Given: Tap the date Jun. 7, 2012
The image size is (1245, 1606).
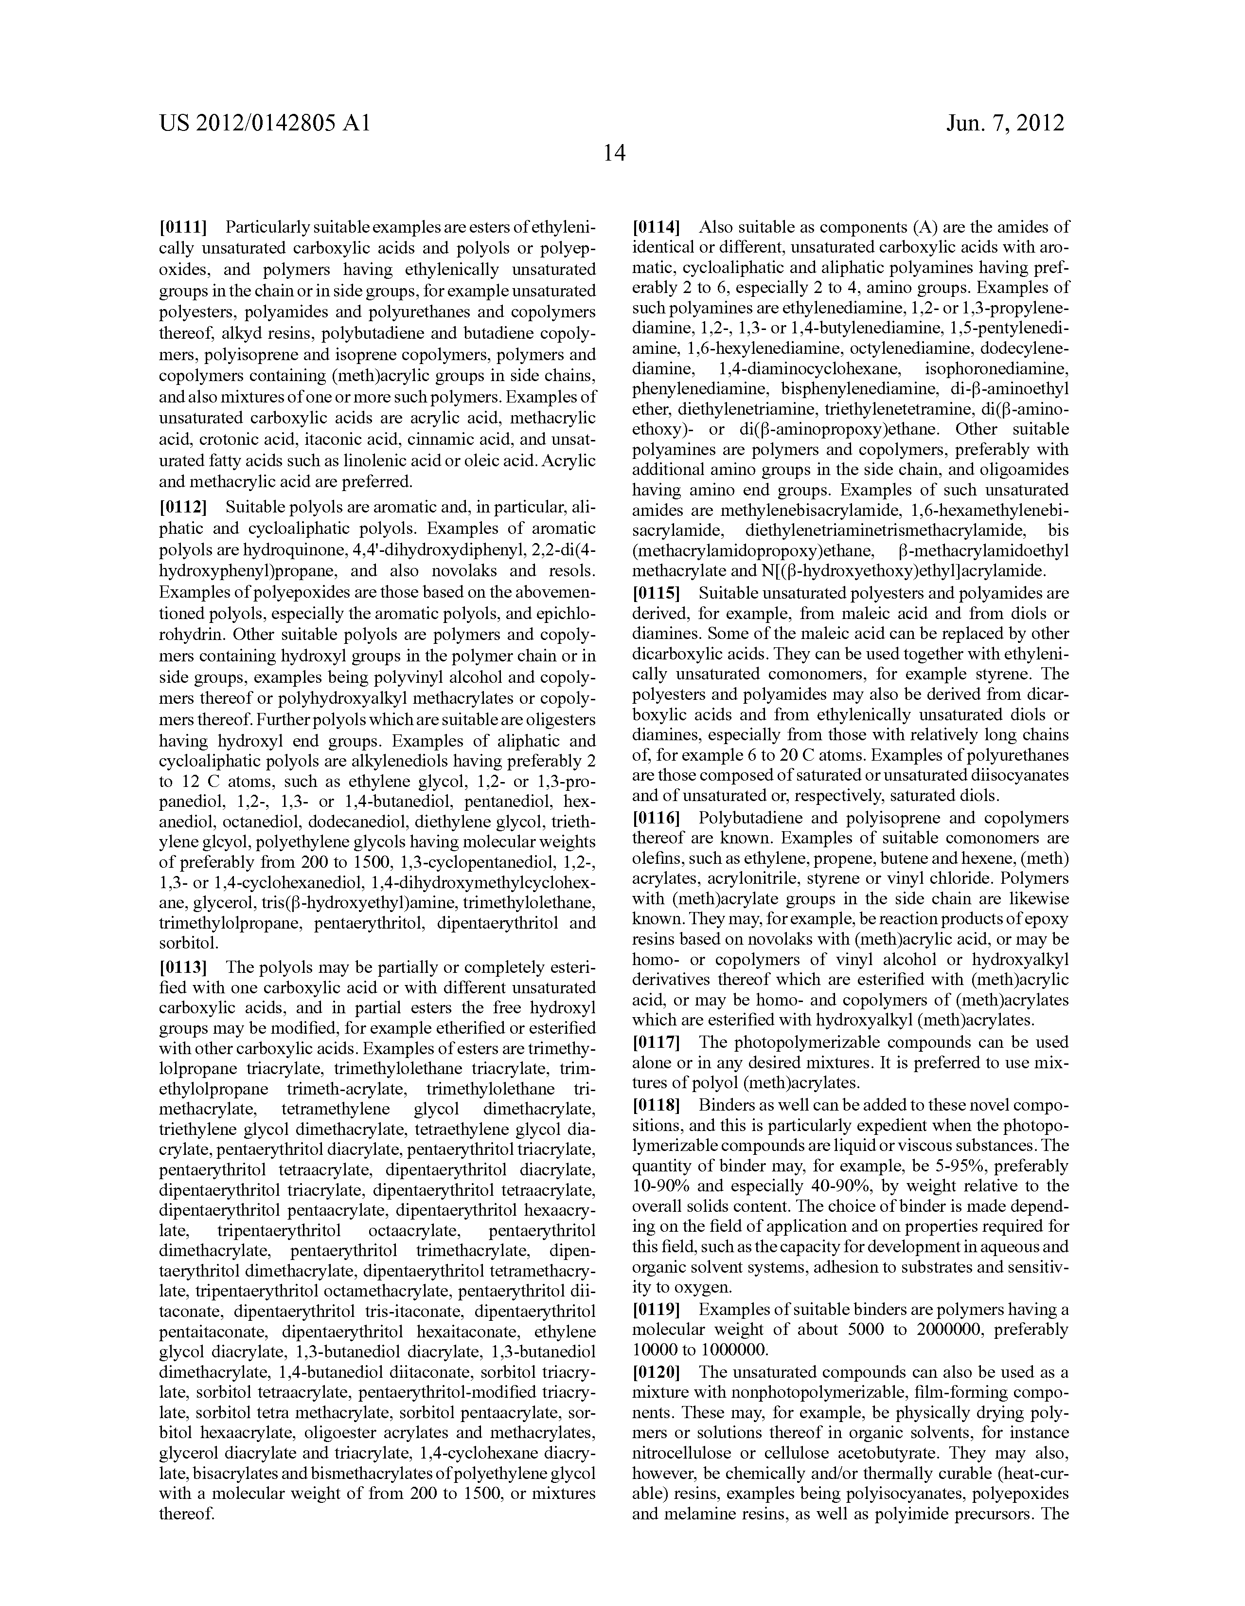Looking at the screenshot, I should click(x=1005, y=123).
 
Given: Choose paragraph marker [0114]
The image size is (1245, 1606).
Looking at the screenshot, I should click(x=657, y=226).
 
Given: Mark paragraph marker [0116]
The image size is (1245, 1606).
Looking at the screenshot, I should click(x=657, y=818).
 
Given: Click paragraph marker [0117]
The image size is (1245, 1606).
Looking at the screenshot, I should click(x=657, y=1042).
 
